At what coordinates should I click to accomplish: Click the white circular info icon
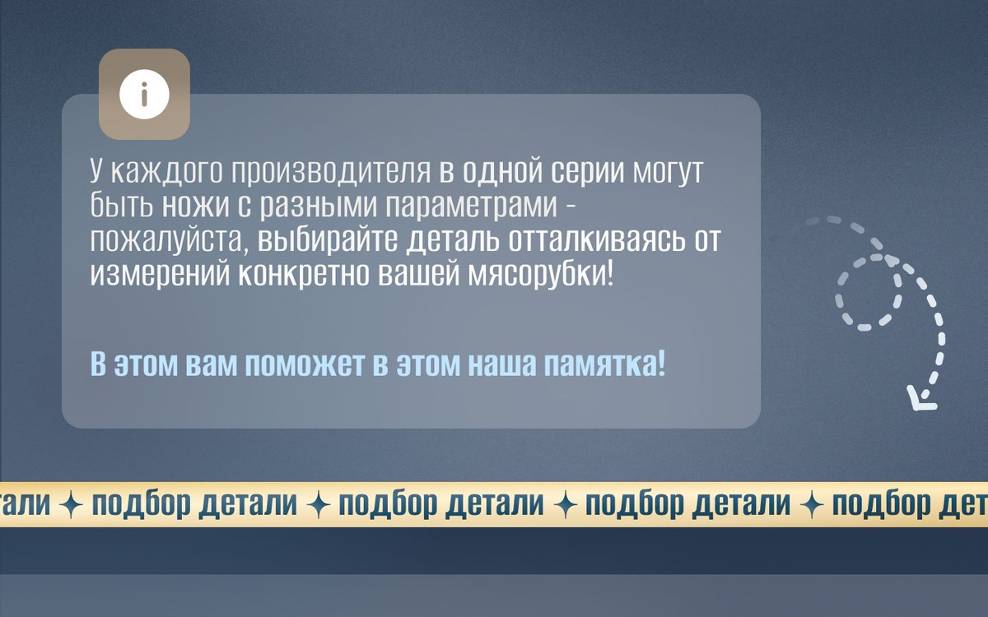144,95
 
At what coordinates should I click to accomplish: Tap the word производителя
330,171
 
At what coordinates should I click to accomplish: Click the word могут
667,172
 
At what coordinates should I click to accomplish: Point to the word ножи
195,206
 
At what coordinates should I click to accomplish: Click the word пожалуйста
170,241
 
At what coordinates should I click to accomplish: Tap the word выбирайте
328,241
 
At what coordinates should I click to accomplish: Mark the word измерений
160,275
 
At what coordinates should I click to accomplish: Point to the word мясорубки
540,275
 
